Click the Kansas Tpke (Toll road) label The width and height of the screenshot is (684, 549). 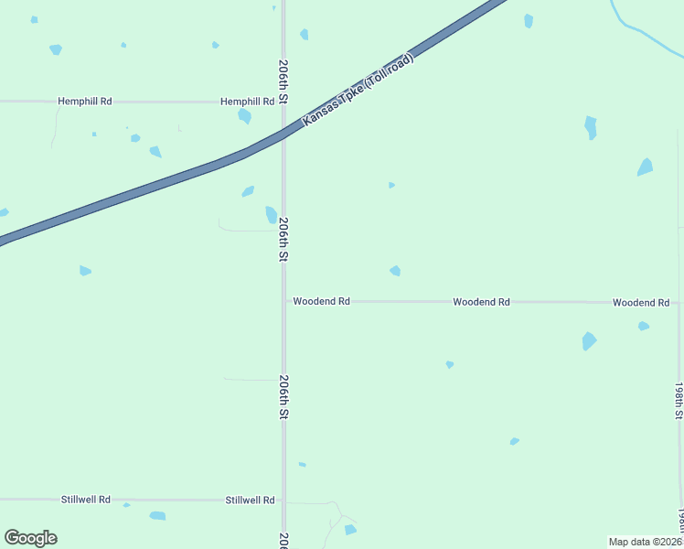(358, 91)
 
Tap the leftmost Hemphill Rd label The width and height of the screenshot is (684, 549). (84, 102)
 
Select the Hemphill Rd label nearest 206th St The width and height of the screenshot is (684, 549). (247, 102)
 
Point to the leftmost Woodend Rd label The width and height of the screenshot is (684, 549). (321, 301)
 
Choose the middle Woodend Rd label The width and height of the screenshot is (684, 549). (481, 301)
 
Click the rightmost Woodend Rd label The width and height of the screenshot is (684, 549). (641, 302)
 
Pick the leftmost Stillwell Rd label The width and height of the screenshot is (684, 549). (85, 500)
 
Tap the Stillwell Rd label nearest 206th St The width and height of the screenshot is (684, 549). (250, 501)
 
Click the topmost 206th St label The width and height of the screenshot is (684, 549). (283, 81)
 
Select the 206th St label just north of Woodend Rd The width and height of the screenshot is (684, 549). (283, 239)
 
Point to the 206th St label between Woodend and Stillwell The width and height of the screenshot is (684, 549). (283, 397)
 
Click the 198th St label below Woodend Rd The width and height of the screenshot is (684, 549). (679, 401)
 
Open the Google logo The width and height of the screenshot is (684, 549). (30, 538)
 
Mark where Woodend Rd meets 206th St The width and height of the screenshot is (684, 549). (283, 301)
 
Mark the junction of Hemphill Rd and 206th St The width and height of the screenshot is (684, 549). (283, 102)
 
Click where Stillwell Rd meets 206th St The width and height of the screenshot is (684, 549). (283, 501)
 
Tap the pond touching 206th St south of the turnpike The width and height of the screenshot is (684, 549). (272, 215)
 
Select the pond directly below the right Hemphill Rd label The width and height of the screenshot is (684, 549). (244, 116)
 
